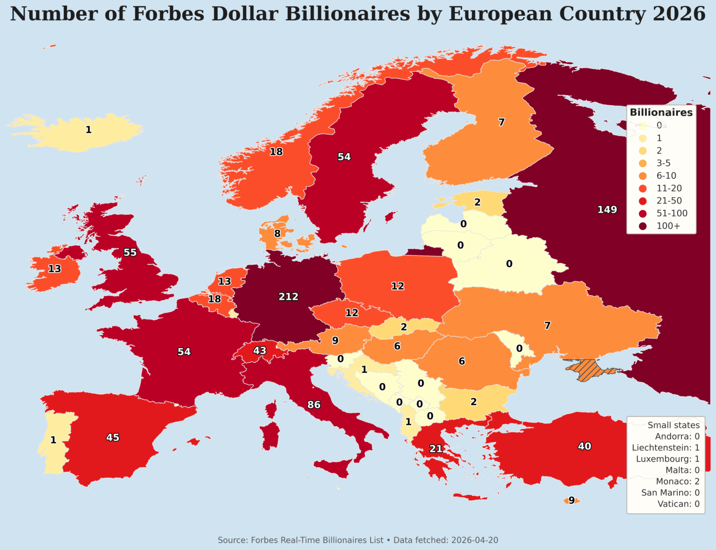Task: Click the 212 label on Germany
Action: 288,296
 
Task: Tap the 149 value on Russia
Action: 607,210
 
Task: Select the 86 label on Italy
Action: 314,405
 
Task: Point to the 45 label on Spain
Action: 113,438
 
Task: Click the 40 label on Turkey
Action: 584,446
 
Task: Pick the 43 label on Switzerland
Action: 260,351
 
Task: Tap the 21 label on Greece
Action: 436,449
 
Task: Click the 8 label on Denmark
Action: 277,234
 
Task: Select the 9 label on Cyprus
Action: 571,501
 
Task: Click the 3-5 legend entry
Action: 663,163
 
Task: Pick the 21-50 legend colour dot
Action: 643,201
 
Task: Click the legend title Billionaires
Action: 661,112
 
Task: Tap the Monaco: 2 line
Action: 677,481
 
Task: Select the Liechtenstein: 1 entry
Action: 665,447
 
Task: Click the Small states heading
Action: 673,425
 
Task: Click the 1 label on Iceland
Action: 89,130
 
